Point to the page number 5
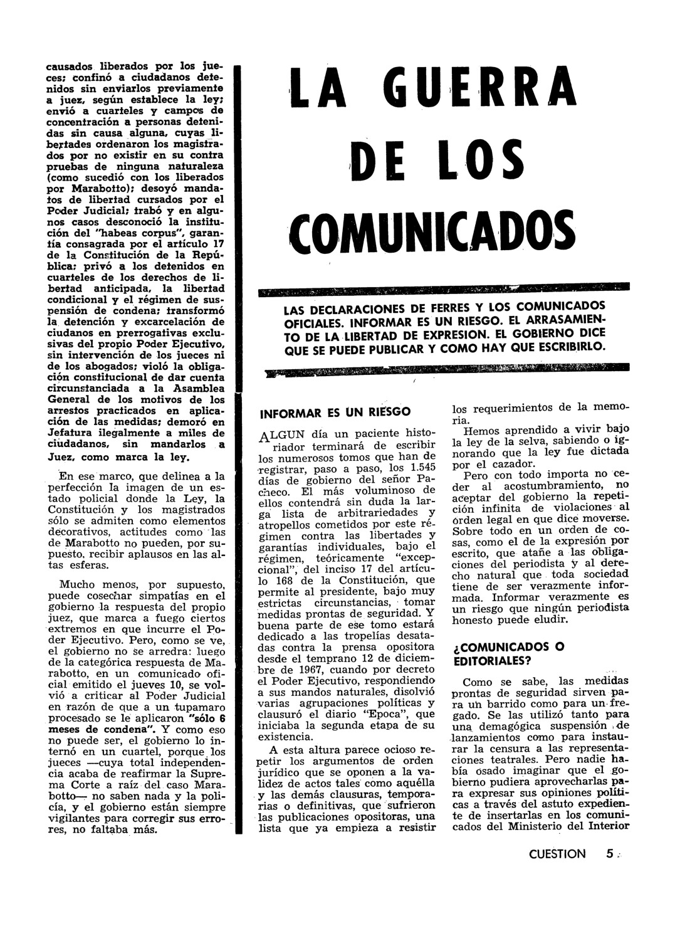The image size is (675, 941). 610,853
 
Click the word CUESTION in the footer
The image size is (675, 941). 557,853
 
